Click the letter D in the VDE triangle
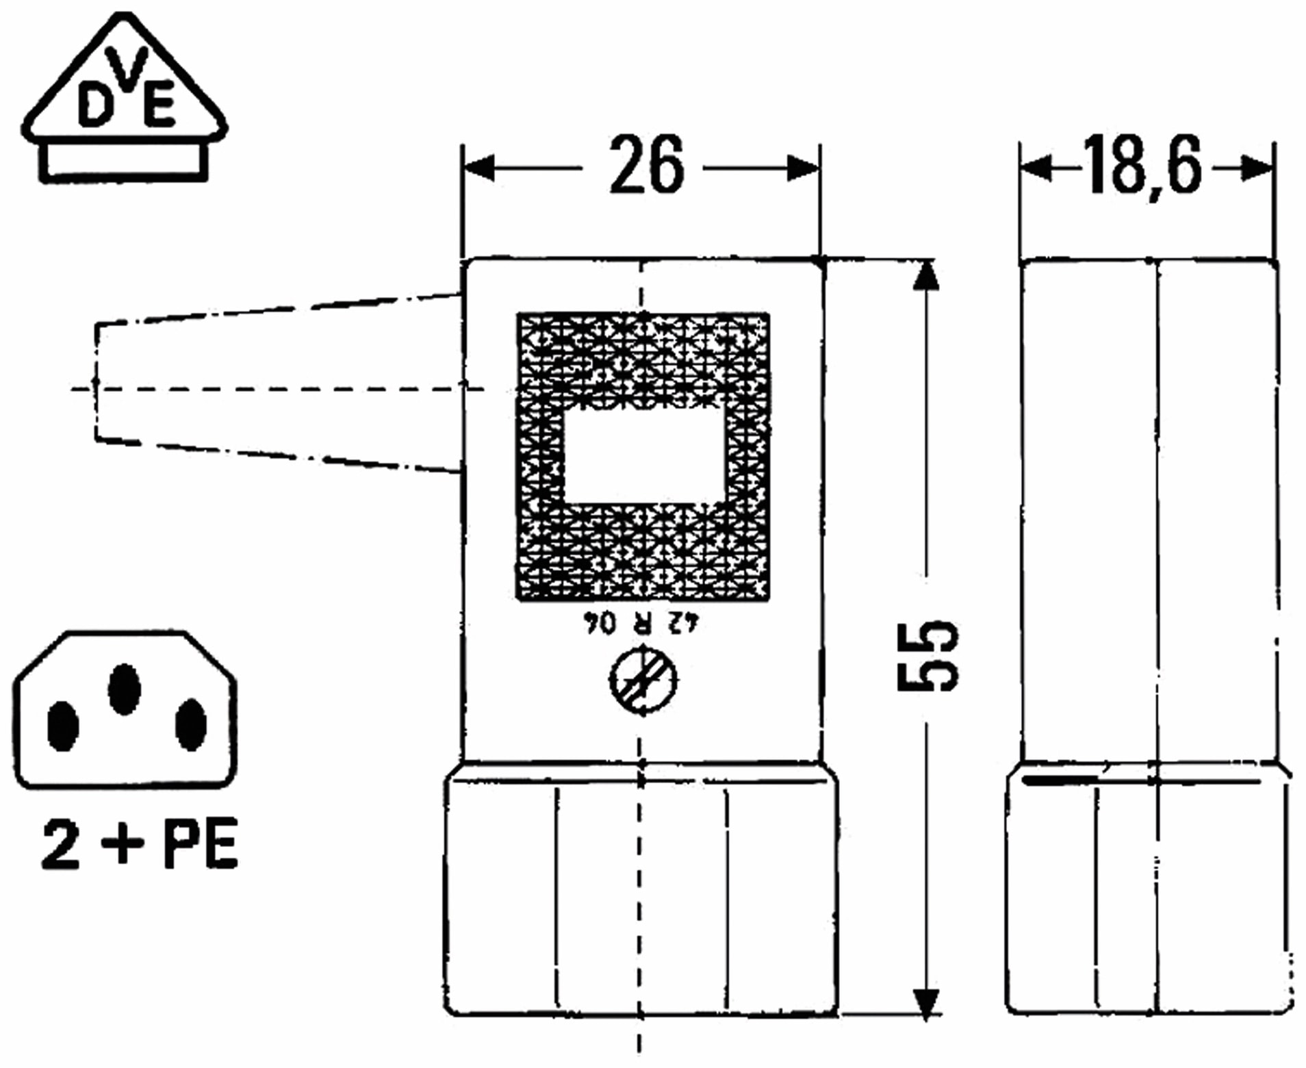(94, 105)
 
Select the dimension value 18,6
(1141, 166)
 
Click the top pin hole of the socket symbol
(125, 689)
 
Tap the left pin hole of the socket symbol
(63, 726)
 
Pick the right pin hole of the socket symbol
(190, 724)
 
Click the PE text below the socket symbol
(200, 844)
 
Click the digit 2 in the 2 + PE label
(60, 844)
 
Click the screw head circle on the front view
(643, 681)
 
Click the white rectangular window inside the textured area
(643, 455)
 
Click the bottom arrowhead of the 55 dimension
(925, 1003)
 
